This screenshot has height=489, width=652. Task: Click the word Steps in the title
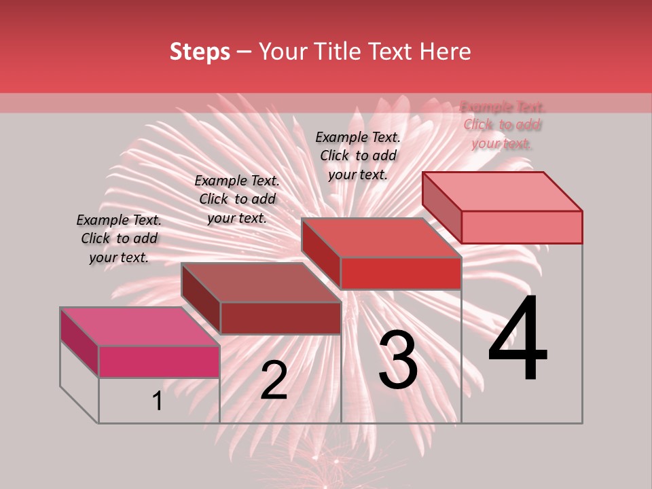point(200,52)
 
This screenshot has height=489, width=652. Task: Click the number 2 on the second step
point(274,380)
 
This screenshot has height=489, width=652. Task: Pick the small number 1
point(157,401)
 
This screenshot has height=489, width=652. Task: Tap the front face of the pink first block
point(159,361)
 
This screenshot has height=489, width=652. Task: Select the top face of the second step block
point(261,282)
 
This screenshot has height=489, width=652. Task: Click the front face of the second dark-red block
point(280,318)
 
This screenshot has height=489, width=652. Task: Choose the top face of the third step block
point(381,237)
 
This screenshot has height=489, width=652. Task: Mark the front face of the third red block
point(401,273)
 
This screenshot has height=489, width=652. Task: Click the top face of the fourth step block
point(502,191)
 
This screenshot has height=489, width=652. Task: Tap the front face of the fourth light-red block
point(522,227)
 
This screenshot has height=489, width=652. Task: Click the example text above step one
point(119,238)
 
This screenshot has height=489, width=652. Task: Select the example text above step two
point(237,199)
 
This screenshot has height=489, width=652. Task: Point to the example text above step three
point(358,156)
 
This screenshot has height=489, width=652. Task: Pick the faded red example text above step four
point(502,124)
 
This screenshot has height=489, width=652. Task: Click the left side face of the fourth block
point(441,208)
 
